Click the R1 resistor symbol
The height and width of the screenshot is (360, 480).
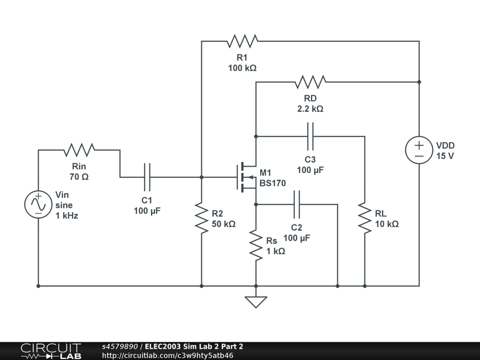pos(242,41)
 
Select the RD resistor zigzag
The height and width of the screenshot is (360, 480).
pos(310,82)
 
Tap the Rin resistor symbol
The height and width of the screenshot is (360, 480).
pos(79,150)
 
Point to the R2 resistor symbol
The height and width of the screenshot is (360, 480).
pos(202,218)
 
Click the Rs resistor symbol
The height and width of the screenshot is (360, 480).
pos(256,245)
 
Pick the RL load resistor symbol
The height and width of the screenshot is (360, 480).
pos(365,218)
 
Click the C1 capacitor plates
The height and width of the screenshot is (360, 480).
pos(147,177)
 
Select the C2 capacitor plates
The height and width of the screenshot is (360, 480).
pos(296,204)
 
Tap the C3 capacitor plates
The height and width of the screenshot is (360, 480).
pos(310,136)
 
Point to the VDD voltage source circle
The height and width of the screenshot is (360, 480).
pos(419,150)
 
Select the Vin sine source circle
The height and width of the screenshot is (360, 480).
pos(38,204)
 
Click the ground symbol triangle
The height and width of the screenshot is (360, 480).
pos(256,301)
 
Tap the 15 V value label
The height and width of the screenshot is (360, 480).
pos(445,156)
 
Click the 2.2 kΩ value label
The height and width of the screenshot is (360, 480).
pos(310,109)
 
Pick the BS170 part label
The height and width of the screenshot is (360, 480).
pos(272,183)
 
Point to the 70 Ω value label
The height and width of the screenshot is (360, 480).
pos(79,177)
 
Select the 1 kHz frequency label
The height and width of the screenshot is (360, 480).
pos(67,216)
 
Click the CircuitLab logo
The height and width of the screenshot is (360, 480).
pos(51,351)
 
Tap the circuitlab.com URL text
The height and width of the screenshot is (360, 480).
pos(167,355)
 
